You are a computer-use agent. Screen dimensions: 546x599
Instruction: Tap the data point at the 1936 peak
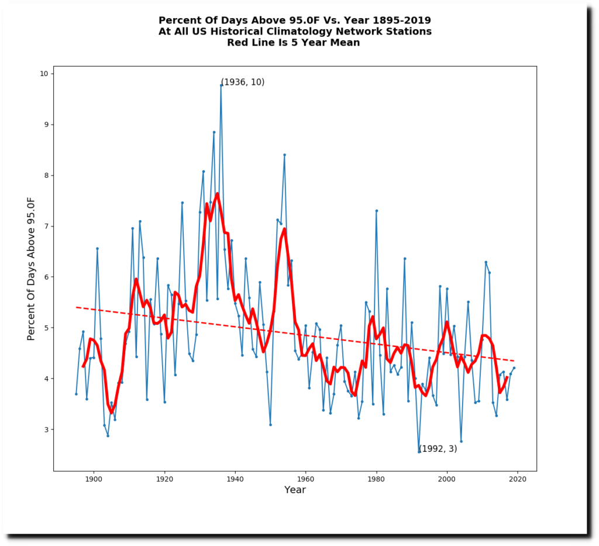pyautogui.click(x=221, y=85)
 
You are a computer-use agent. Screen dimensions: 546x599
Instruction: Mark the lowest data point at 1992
pyautogui.click(x=419, y=452)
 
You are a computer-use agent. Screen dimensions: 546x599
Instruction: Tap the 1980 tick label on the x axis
pyautogui.click(x=376, y=478)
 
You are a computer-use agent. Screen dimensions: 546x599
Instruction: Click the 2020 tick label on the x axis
pyautogui.click(x=518, y=478)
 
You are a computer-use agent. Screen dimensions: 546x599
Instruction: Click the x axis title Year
pyautogui.click(x=295, y=490)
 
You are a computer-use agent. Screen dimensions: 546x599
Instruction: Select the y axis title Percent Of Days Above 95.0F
pyautogui.click(x=32, y=268)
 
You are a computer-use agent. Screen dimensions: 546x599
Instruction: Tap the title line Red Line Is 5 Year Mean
pyautogui.click(x=294, y=42)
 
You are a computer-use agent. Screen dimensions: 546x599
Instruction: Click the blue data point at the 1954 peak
pyautogui.click(x=284, y=154)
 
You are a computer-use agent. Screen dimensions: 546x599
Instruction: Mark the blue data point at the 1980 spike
pyautogui.click(x=376, y=211)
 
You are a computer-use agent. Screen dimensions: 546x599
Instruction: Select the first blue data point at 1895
pyautogui.click(x=76, y=394)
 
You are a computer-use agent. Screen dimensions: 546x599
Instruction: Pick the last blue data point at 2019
pyautogui.click(x=514, y=368)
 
